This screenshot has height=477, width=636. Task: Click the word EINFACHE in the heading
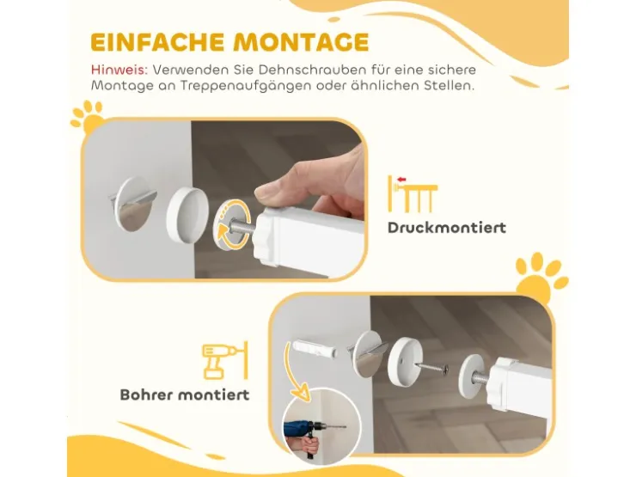click(157, 42)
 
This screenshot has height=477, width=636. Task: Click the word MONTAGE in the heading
click(302, 42)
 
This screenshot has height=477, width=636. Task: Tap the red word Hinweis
click(119, 70)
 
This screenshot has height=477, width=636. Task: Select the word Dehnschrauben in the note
click(300, 70)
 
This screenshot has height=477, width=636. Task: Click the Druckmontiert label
click(447, 228)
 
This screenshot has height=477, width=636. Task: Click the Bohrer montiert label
click(185, 394)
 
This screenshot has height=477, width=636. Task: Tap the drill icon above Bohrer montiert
click(224, 360)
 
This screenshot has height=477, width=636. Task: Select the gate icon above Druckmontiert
click(413, 194)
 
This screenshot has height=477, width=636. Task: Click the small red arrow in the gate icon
click(401, 180)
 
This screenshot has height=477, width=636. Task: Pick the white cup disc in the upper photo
click(187, 214)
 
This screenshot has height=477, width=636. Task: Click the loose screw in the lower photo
click(433, 369)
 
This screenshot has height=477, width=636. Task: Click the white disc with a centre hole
click(405, 363)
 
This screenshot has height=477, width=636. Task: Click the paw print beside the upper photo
click(87, 117)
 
